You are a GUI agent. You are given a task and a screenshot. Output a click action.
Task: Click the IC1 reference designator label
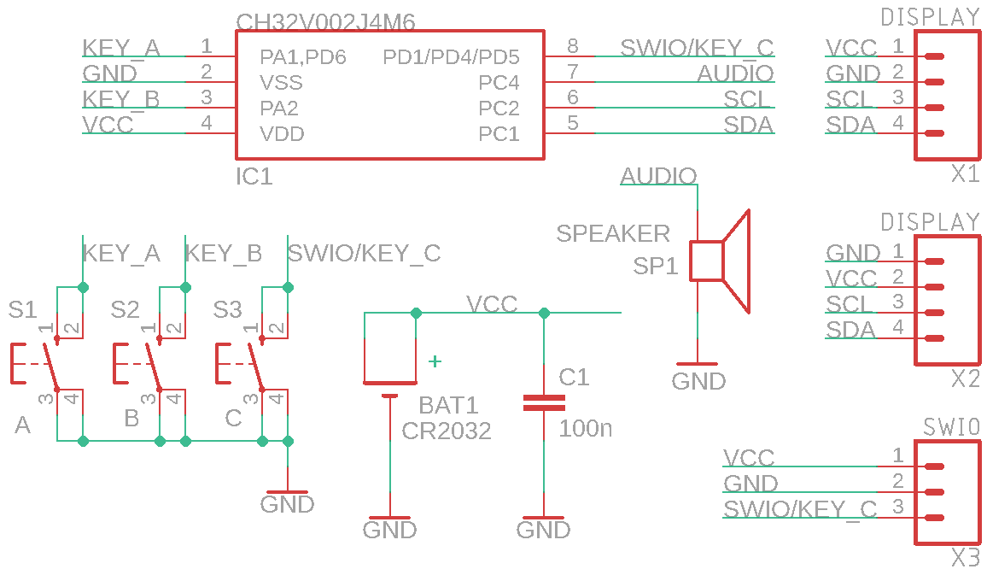pos(254,177)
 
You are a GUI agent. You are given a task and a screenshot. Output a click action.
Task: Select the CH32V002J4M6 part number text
pos(325,21)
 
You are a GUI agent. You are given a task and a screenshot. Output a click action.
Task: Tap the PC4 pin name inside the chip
pos(499,83)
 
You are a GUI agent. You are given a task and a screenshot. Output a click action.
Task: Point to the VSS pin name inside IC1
pos(281,83)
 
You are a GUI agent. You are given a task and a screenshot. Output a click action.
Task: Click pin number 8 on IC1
pos(572,46)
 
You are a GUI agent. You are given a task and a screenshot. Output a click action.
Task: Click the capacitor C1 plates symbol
pos(544,403)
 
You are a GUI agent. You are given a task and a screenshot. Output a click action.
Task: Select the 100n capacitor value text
pos(586,429)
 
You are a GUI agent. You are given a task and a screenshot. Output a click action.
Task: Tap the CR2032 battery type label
pos(447,431)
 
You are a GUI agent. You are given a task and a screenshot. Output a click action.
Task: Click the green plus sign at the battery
pos(435,361)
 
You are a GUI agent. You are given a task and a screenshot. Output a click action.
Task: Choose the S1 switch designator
pos(23,309)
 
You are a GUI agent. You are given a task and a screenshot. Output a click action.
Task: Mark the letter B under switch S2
pos(131,419)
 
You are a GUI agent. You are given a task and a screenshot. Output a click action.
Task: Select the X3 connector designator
pos(966,559)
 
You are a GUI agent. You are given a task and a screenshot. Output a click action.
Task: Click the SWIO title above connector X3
pos(951,426)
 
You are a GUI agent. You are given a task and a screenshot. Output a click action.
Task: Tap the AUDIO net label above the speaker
pos(658,177)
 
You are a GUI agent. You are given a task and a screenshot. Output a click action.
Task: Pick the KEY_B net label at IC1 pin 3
pos(121,99)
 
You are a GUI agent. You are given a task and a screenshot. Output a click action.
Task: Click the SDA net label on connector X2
pos(850,330)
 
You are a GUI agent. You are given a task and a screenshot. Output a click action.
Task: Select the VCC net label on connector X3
pos(749,458)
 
